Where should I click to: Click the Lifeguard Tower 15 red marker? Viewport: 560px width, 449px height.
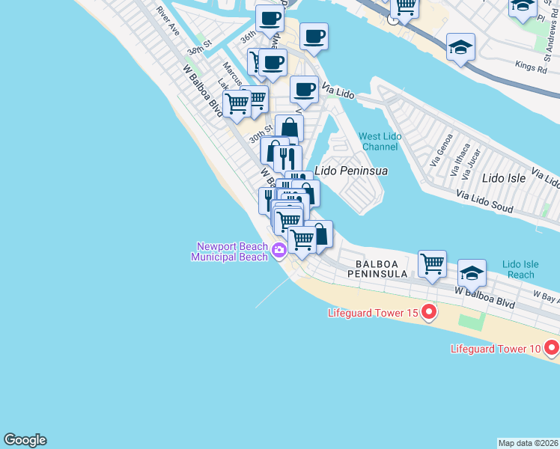[x=429, y=311]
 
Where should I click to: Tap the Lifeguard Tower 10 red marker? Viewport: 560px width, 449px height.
[x=552, y=347]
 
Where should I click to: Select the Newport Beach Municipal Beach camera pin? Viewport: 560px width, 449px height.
[x=279, y=250]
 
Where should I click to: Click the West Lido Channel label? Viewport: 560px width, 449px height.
[x=380, y=141]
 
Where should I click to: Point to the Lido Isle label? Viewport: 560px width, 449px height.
[x=503, y=178]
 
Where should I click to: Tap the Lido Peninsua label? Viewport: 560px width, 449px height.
[x=351, y=171]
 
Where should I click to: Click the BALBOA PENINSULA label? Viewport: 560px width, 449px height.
[x=382, y=269]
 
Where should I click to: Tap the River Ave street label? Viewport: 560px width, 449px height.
[x=168, y=22]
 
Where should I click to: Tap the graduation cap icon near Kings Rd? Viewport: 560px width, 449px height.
[x=460, y=47]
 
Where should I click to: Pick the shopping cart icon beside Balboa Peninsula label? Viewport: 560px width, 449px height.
[x=432, y=264]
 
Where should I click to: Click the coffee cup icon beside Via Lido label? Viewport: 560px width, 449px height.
[x=304, y=90]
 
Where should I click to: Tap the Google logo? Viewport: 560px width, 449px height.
[x=25, y=440]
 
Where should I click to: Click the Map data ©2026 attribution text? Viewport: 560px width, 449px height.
[x=528, y=443]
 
